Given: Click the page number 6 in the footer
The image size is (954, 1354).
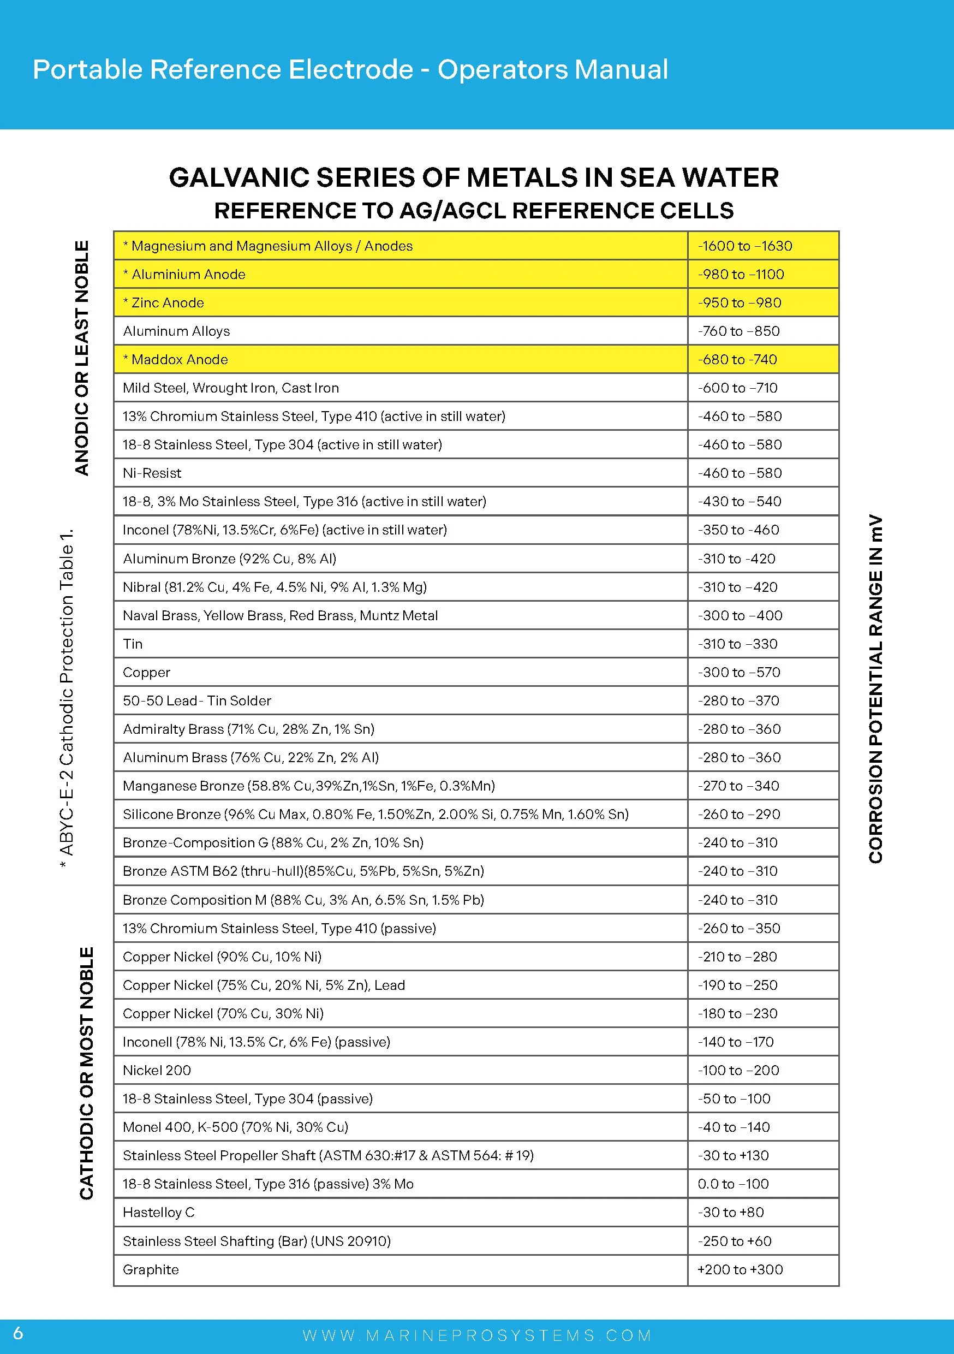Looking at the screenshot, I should click(x=18, y=1333).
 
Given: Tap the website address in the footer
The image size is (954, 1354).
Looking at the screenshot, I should click(x=476, y=1335).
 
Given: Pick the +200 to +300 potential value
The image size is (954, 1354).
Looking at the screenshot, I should click(x=740, y=1269).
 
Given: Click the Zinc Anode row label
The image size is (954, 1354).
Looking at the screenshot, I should click(x=163, y=302).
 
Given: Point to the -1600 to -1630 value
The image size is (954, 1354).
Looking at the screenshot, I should click(x=744, y=246).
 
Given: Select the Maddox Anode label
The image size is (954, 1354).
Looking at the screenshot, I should click(x=175, y=359).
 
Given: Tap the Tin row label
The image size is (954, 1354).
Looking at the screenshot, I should click(x=133, y=643).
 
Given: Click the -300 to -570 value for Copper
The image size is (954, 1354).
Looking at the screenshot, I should click(x=739, y=672).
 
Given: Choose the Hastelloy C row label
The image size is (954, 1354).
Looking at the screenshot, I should click(x=158, y=1212).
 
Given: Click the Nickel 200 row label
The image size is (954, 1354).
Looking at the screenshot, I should click(x=156, y=1070).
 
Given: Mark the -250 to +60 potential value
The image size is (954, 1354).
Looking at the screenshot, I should click(x=734, y=1241).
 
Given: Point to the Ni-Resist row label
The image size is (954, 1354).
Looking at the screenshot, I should click(x=152, y=473).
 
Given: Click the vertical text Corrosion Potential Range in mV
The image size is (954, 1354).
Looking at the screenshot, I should click(x=875, y=689).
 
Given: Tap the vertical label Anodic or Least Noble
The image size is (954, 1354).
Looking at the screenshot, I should click(x=82, y=358).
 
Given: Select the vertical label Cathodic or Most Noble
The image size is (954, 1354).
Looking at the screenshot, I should click(x=86, y=1073).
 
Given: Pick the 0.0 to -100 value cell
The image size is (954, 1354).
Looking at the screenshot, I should click(x=733, y=1184).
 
